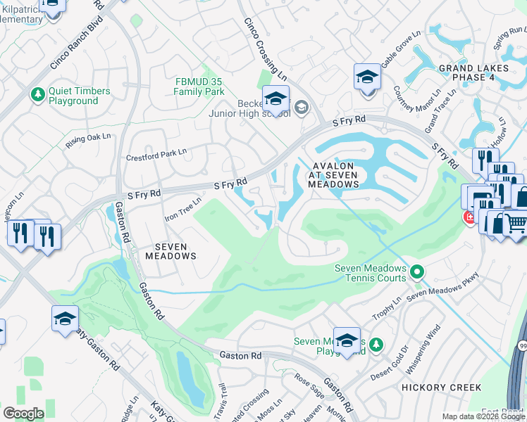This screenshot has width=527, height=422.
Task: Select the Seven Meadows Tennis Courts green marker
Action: coord(417,271)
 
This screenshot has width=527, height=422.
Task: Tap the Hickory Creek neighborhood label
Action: coord(441,388)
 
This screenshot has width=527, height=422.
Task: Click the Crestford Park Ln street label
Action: coord(156,155)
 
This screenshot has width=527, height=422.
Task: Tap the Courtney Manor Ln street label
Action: coord(408,103)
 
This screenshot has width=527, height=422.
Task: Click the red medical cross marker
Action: coord(468,219)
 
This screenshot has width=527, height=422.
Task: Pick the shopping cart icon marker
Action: coord(516,223)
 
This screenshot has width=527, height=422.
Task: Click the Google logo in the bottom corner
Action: coord(23,414)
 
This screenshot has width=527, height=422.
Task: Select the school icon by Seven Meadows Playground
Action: coord(347,340)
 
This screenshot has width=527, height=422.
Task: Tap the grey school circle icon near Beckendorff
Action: coord(302,108)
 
